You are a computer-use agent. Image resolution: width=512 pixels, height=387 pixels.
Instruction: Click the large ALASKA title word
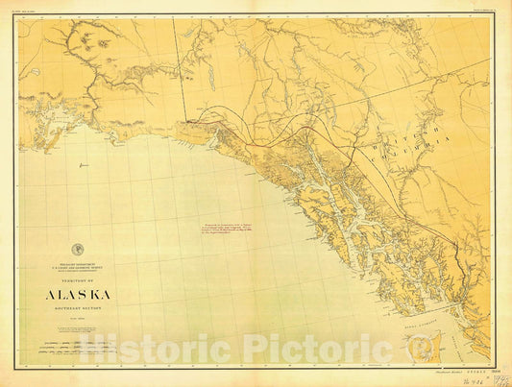point(77,292)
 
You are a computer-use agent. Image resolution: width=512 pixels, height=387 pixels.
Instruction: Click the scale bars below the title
point(77,335)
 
